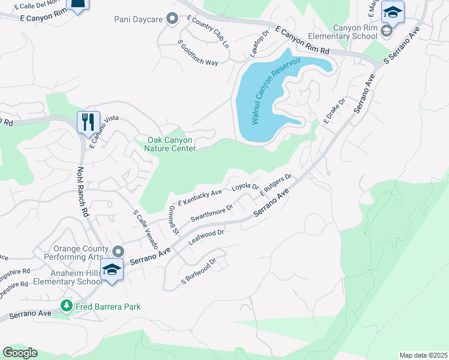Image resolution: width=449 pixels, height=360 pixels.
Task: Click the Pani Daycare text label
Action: coord(139,19)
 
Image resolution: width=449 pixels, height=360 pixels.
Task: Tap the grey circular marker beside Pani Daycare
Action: coord(172,19)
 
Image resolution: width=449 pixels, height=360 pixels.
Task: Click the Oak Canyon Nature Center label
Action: coord(172,145)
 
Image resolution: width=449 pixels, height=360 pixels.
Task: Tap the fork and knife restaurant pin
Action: coord(88,122)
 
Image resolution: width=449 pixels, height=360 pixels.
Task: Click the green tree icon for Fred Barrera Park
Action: coord(66,307)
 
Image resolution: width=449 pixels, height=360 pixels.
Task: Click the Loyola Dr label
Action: coord(245,187)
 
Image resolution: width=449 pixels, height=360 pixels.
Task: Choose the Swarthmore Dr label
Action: coord(211,214)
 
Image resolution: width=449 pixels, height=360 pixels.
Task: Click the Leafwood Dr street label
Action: coord(206,237)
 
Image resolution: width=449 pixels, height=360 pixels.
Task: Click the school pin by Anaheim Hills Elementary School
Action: coord(112,269)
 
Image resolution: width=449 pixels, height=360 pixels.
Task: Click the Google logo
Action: coord(20,353)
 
